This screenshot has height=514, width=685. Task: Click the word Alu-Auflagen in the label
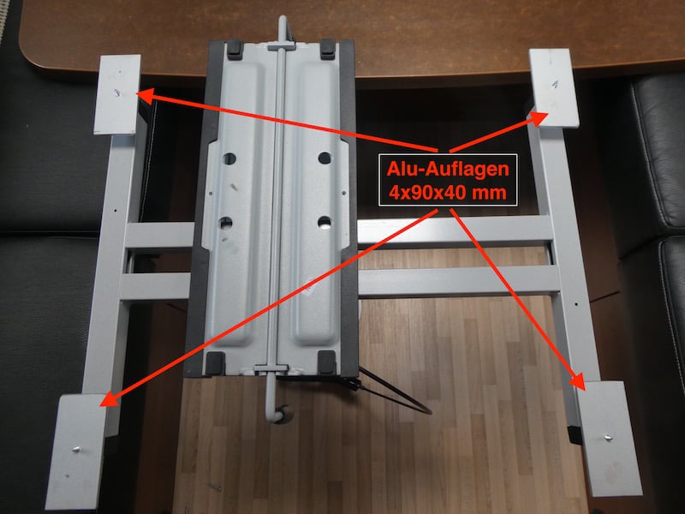pos(448,170)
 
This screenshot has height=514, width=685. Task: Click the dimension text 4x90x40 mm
pos(448,192)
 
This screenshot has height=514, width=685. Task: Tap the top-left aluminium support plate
pos(117,94)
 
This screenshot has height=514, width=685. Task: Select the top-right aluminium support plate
pos(553,88)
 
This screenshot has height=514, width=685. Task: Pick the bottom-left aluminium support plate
pos(75,451)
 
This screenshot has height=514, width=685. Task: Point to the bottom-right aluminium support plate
pos(609,438)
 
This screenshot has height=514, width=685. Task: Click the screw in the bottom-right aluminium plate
pos(607,437)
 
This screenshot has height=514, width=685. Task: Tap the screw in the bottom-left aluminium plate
pos(76,449)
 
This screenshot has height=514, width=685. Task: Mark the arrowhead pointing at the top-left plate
pos(146,96)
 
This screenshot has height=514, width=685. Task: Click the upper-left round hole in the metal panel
pos(229,158)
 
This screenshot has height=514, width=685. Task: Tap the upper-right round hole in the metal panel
pos(325,158)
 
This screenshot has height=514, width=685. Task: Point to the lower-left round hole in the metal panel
pos(226,224)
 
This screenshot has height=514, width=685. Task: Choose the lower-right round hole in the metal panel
pos(325,223)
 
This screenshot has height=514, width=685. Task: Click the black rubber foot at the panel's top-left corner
pos(235,49)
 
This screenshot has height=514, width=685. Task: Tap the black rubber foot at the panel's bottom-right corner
pos(326,362)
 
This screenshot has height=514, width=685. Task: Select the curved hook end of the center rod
pos(277,414)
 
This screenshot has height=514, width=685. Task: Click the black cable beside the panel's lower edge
pos(396,391)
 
